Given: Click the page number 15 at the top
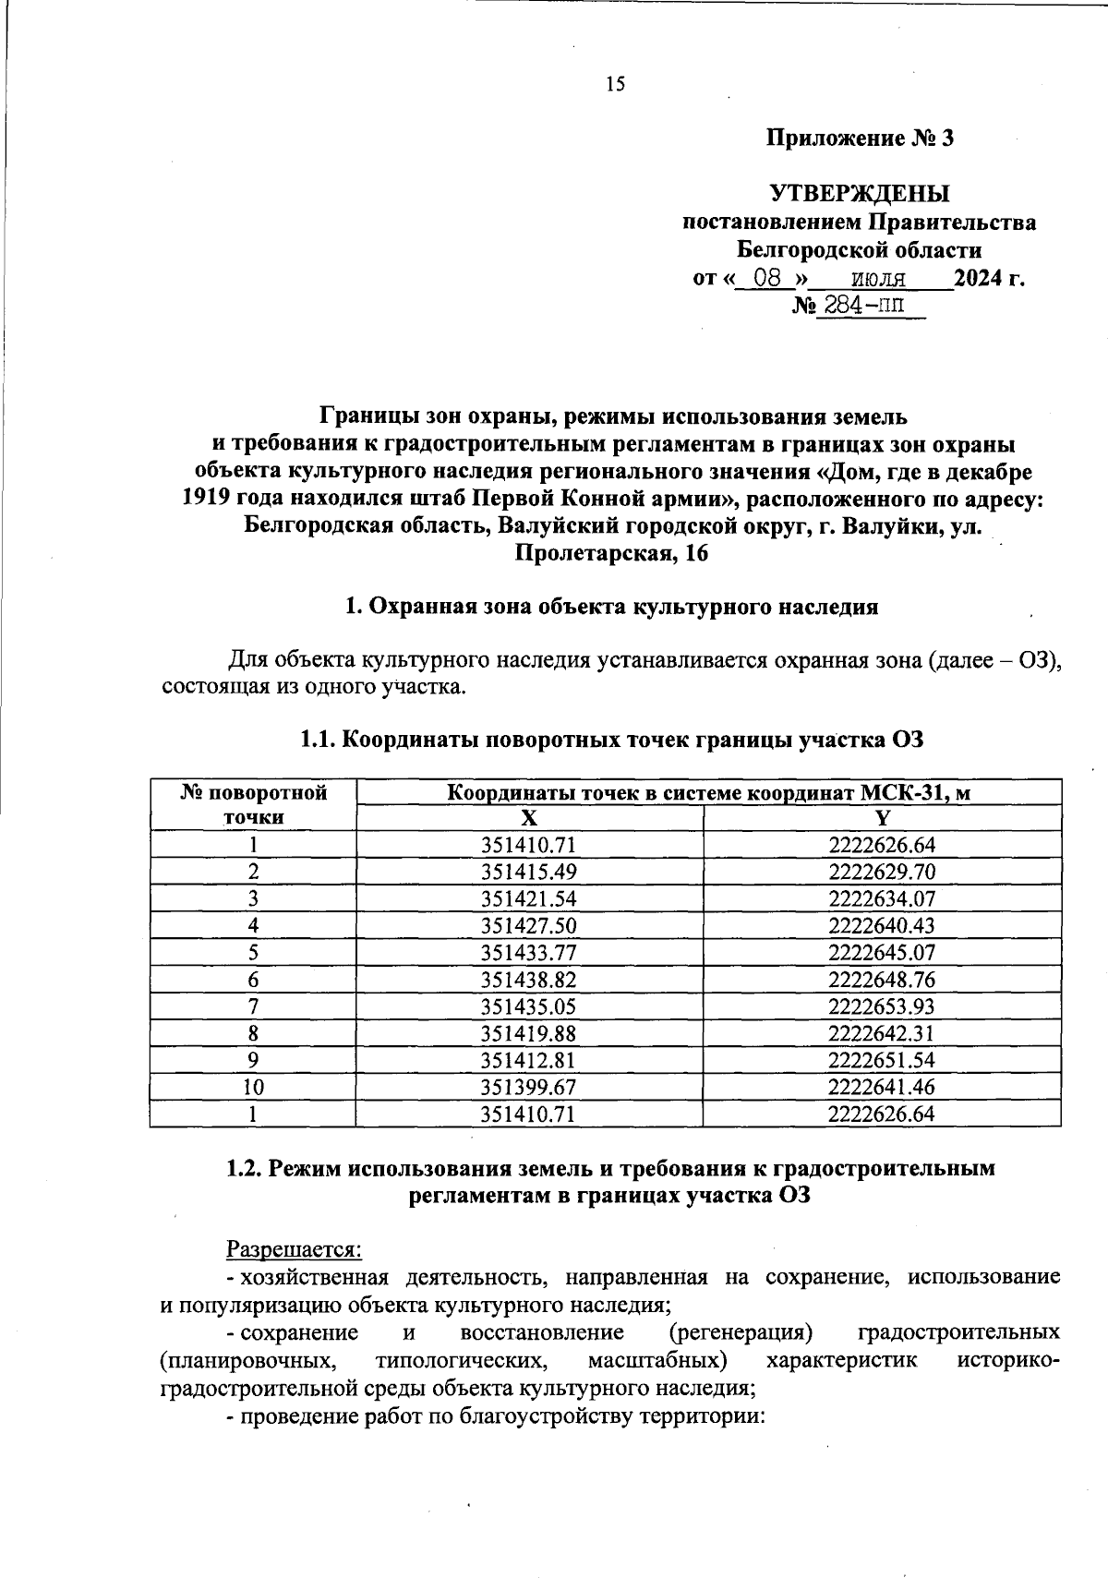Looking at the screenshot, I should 615,85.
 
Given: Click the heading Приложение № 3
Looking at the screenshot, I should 860,139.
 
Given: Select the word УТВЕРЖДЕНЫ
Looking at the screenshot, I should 860,195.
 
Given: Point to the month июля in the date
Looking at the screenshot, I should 878,278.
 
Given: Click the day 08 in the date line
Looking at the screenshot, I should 767,278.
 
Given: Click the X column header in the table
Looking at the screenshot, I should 528,818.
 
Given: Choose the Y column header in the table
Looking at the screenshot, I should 882,818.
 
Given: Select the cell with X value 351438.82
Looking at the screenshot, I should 528,980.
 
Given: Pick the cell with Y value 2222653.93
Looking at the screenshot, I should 882,1006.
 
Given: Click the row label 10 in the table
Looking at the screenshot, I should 253,1088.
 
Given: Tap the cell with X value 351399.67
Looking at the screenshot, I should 528,1088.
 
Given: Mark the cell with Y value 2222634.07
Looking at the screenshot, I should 882,898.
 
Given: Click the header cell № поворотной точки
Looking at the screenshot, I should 253,804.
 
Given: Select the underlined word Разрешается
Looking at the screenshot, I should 295,1250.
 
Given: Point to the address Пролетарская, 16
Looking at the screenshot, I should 611,554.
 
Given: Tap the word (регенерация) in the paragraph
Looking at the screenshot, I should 741,1333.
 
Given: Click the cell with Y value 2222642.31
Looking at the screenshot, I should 882,1033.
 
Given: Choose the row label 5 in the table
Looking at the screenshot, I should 253,953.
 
